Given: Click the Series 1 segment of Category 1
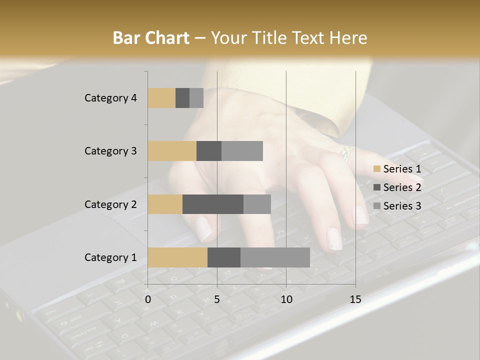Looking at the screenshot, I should point(177,257).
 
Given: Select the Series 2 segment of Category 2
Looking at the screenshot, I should point(213,204).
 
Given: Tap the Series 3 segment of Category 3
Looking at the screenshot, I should point(242,151).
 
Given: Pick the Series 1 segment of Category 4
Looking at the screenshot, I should point(161,98).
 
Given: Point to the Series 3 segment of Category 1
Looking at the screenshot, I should point(275,257).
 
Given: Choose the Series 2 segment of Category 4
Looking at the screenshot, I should point(182,98).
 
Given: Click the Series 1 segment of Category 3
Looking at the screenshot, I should point(172,151).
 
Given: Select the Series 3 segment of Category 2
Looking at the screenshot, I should point(257,204).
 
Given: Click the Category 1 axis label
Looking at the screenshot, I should point(110,257).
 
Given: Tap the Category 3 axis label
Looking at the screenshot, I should point(110,151).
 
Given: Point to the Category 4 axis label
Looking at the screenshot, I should point(110,98).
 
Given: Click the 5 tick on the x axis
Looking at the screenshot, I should point(217,299).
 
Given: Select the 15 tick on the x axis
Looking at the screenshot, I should point(355,299).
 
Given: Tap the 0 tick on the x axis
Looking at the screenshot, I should point(148,299).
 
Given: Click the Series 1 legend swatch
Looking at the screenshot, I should point(376,169).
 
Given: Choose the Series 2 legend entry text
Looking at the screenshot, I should point(402,187).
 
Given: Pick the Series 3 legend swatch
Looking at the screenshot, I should point(376,206).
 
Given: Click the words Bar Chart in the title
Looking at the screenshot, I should point(151,38).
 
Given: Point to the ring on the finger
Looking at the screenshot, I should point(346,152).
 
